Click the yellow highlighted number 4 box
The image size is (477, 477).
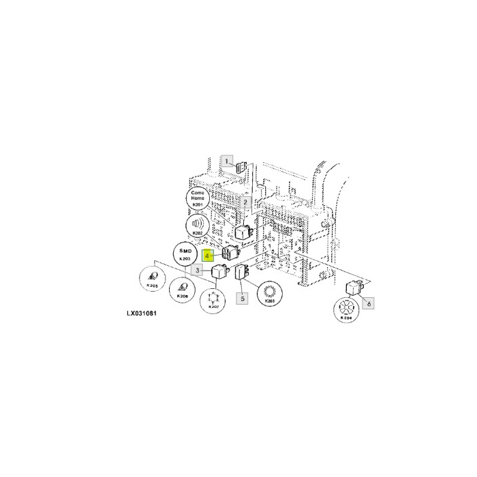pos(208,256)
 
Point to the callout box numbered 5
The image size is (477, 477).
pos(241,297)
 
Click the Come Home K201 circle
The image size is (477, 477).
pos(198,200)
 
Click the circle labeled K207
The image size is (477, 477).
pos(213,300)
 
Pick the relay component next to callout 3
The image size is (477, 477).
pos(219,273)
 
